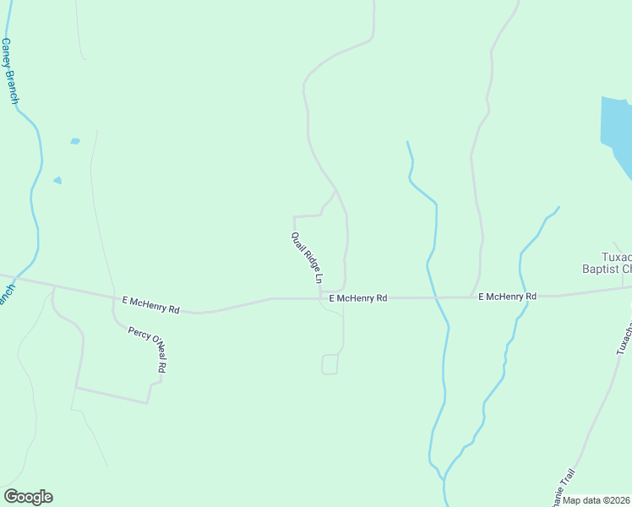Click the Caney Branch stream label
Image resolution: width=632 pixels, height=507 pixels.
pyautogui.click(x=10, y=71)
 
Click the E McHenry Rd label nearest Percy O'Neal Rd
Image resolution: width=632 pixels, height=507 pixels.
pyautogui.click(x=151, y=304)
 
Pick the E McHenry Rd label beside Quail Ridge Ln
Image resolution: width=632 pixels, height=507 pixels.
pyautogui.click(x=357, y=298)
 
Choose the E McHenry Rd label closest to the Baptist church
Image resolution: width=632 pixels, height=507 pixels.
pyautogui.click(x=507, y=297)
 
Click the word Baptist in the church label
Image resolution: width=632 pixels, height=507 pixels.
pyautogui.click(x=602, y=269)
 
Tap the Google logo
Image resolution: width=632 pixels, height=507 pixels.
pyautogui.click(x=28, y=497)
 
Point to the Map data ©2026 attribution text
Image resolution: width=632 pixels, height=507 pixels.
pyautogui.click(x=597, y=500)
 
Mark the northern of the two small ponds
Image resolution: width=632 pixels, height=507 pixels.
pyautogui.click(x=75, y=141)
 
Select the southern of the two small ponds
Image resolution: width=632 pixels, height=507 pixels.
pyautogui.click(x=57, y=180)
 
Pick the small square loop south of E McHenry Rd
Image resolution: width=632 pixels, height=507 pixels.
pyautogui.click(x=330, y=364)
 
